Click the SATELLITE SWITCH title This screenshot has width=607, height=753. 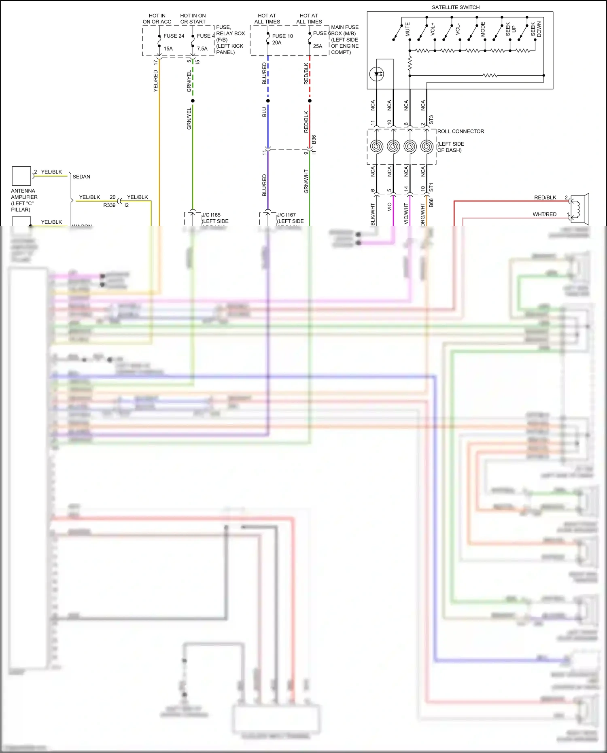pyautogui.click(x=455, y=7)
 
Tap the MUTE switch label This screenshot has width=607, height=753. pyautogui.click(x=407, y=29)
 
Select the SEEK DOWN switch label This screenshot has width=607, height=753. pyautogui.click(x=536, y=29)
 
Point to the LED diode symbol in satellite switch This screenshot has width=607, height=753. pyautogui.click(x=377, y=74)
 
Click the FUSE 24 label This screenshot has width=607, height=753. pyautogui.click(x=174, y=36)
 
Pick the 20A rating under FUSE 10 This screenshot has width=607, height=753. pyautogui.click(x=277, y=42)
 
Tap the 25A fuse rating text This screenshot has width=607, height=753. pyautogui.click(x=318, y=46)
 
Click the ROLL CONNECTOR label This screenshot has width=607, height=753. pyautogui.click(x=461, y=132)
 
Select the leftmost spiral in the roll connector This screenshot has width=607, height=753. pyautogui.click(x=377, y=146)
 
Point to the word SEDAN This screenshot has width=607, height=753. pyautogui.click(x=81, y=177)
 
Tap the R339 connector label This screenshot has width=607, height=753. pyautogui.click(x=109, y=205)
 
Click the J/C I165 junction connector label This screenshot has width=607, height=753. pyautogui.click(x=211, y=215)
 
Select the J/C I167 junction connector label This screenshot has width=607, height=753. pyautogui.click(x=287, y=215)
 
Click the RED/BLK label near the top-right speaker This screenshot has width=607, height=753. pyautogui.click(x=545, y=197)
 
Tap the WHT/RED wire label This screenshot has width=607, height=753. pyautogui.click(x=544, y=214)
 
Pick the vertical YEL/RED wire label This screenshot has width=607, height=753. pyautogui.click(x=155, y=81)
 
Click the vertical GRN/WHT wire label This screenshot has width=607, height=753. pyautogui.click(x=306, y=181)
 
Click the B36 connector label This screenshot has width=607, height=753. pyautogui.click(x=314, y=140)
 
